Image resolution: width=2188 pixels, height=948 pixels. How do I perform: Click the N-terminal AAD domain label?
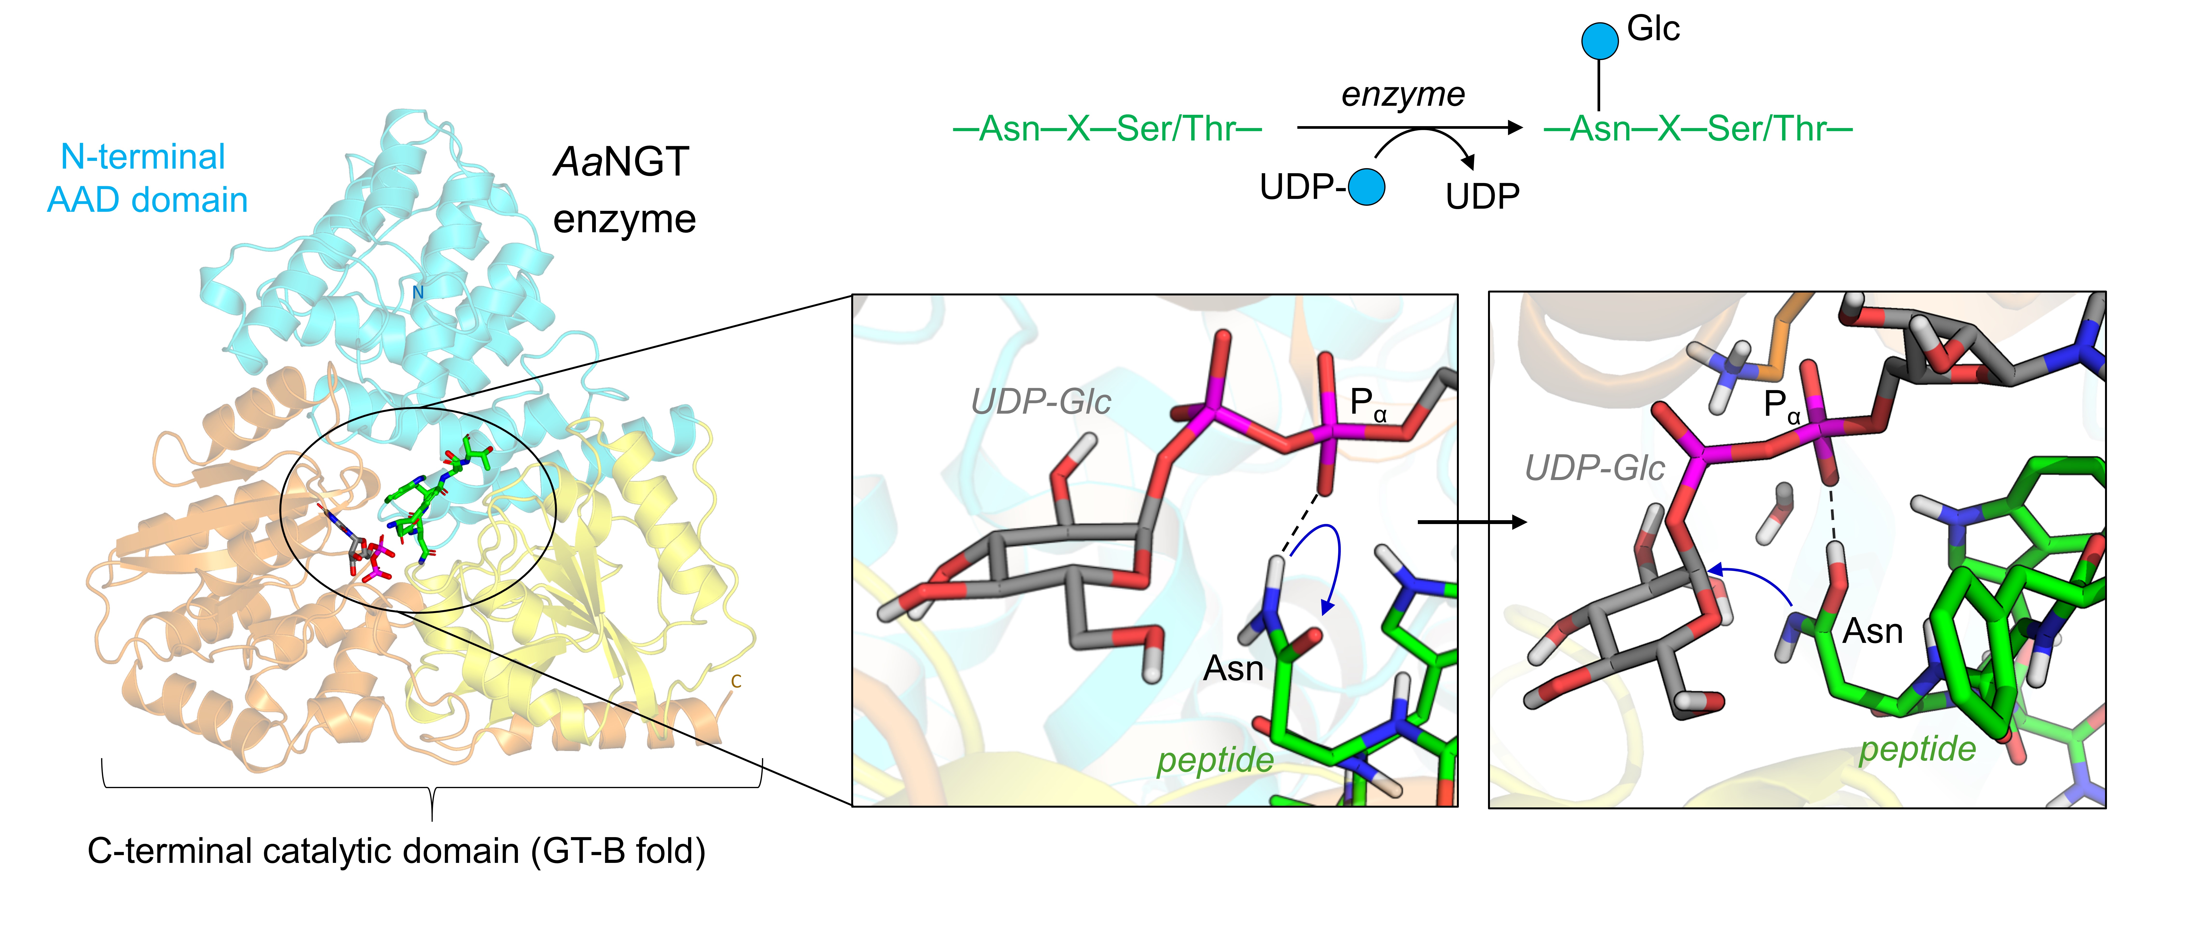point(147,178)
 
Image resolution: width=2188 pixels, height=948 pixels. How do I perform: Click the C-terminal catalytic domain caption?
point(397,851)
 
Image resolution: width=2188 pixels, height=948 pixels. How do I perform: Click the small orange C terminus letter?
point(736,681)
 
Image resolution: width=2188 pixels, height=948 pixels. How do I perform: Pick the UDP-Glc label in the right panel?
point(1594,468)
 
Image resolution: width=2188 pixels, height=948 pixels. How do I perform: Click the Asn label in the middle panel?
point(1233,668)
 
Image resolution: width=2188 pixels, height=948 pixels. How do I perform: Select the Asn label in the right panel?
point(1873,631)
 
